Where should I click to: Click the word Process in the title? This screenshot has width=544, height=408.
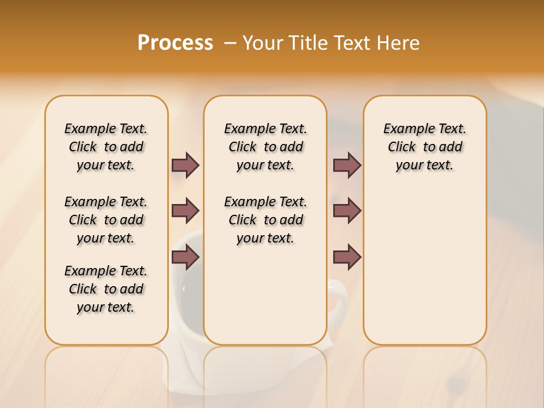click(x=175, y=43)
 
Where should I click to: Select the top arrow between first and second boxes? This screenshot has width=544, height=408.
click(x=185, y=165)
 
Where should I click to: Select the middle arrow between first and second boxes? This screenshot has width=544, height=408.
click(x=185, y=211)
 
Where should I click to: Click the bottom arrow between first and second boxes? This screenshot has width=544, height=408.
click(x=185, y=258)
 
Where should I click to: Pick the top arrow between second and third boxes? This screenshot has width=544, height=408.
click(x=347, y=165)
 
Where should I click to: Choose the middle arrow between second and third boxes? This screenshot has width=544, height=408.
click(x=347, y=211)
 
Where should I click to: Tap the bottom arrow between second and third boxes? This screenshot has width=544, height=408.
click(x=347, y=258)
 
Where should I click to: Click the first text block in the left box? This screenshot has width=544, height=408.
click(x=106, y=147)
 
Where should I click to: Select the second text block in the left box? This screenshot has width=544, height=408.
click(x=106, y=220)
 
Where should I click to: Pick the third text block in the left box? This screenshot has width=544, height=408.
click(x=106, y=289)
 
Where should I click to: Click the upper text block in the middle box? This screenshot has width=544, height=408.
click(x=265, y=147)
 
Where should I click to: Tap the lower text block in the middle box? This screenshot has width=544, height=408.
click(x=265, y=220)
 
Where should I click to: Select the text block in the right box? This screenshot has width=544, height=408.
click(x=424, y=147)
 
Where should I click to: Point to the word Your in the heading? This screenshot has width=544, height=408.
click(x=262, y=43)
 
